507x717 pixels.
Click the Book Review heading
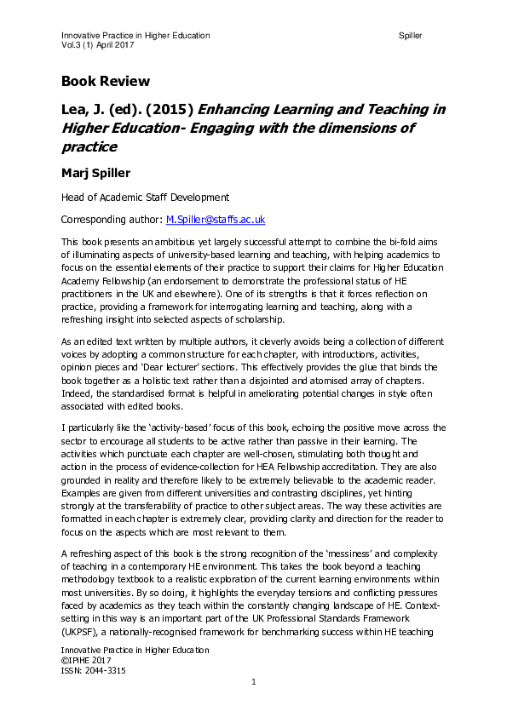(x=105, y=82)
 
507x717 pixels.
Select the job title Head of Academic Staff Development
(x=145, y=198)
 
